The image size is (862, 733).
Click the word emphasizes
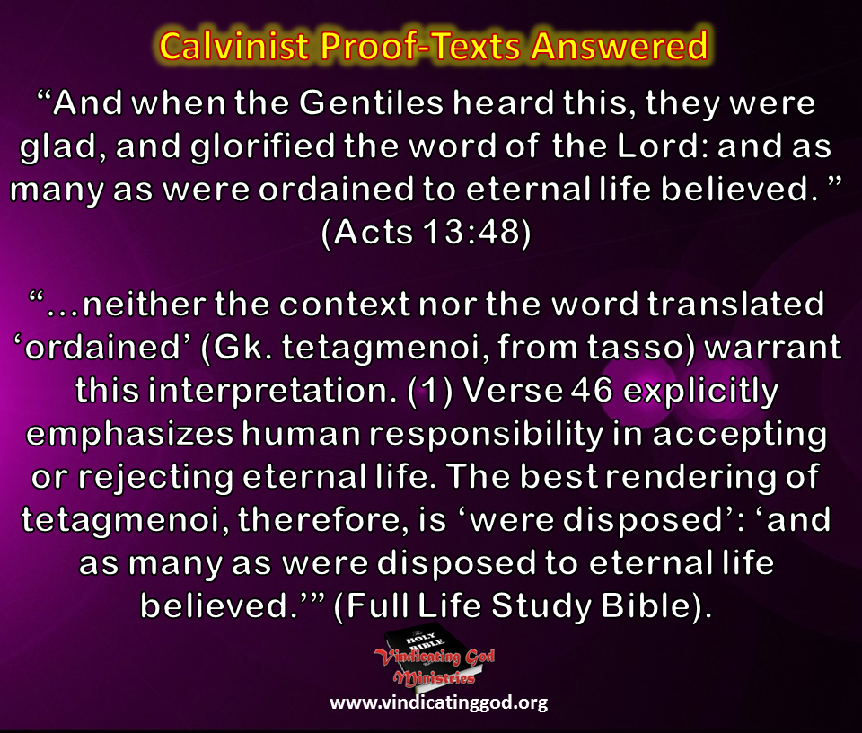click(x=132, y=433)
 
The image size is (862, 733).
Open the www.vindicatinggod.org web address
click(x=438, y=703)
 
